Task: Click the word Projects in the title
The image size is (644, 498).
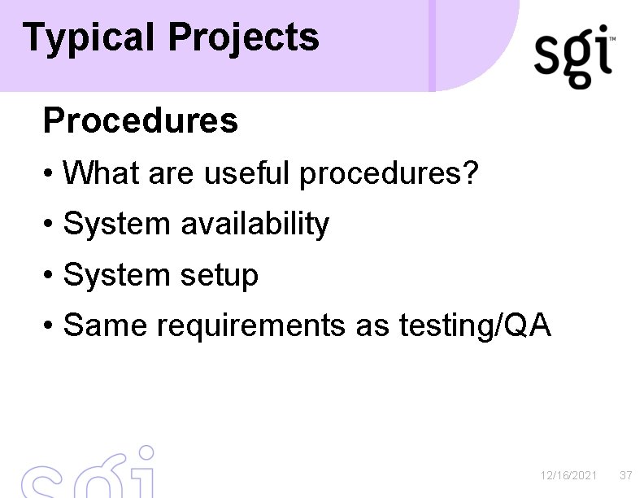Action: [x=244, y=37]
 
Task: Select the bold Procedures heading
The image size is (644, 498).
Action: [x=141, y=120]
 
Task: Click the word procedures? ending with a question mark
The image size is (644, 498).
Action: [x=389, y=173]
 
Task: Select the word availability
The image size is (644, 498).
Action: [x=255, y=224]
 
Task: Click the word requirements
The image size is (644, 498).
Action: [x=250, y=326]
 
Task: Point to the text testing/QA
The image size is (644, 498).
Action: [x=475, y=326]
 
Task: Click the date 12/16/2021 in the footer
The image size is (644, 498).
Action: [x=569, y=474]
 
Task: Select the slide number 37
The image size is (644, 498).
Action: [x=625, y=474]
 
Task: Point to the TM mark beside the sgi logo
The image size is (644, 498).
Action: [x=611, y=39]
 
